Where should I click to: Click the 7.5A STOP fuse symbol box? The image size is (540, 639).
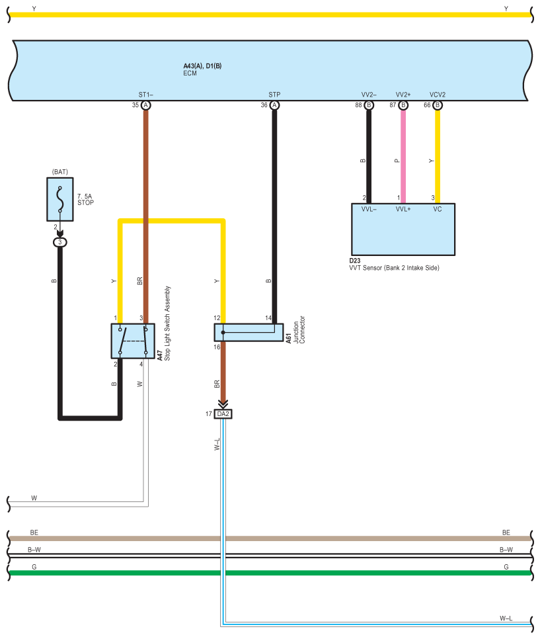60,199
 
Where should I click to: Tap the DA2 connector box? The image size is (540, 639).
223,414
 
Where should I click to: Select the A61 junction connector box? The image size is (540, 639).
249,333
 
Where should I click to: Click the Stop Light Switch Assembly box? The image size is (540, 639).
133,341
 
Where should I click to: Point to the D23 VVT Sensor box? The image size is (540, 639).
403,230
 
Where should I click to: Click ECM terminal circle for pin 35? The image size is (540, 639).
146,106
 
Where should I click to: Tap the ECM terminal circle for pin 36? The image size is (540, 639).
274,106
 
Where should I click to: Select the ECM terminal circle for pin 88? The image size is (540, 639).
369,106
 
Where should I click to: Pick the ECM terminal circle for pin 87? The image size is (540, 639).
403,106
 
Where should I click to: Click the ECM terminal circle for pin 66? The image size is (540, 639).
438,106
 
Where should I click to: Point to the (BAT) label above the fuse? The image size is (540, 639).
60,172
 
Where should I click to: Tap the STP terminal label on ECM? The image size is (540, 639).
274,95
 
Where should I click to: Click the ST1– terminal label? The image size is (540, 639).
146,95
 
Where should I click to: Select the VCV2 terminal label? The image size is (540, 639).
438,95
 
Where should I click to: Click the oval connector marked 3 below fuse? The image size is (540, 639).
60,243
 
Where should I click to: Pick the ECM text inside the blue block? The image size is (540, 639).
190,73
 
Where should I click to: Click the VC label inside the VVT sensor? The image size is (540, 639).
438,209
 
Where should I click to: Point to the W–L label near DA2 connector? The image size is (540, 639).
217,445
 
